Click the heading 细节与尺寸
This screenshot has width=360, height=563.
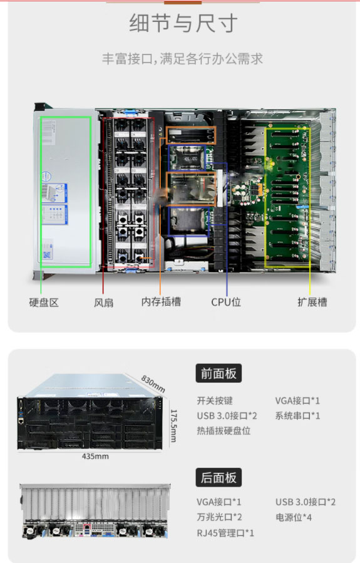183,23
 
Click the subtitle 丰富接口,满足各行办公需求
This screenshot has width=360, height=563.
182,58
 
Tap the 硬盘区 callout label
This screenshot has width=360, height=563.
44,302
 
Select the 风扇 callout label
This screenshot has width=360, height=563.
104,302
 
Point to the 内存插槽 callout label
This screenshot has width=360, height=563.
161,302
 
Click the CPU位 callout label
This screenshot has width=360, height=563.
226,302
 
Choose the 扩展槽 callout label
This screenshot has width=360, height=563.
312,302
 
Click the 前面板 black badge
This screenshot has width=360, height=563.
219,373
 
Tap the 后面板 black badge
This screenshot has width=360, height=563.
219,478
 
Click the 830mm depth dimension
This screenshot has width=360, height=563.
153,384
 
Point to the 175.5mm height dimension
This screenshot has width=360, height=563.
173,426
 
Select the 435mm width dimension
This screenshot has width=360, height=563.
95,457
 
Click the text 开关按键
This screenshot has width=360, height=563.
215,400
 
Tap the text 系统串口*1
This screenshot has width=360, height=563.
297,416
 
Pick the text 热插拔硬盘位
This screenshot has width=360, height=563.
224,431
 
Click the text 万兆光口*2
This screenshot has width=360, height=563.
219,517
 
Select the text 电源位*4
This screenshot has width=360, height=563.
294,517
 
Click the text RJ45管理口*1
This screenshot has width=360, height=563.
225,533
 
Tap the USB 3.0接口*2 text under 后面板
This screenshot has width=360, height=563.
306,502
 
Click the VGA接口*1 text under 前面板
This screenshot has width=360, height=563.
297,400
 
